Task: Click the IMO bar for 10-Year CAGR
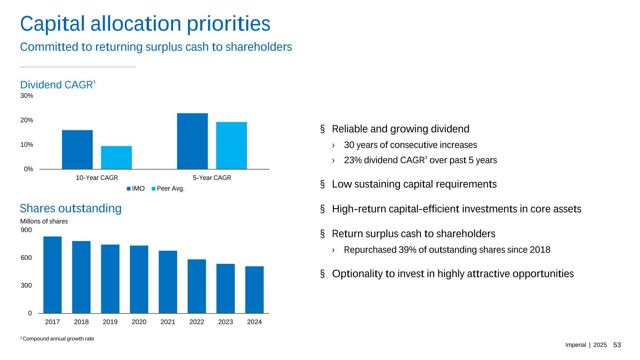[x=77, y=149]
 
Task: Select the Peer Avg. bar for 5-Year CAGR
[x=231, y=145]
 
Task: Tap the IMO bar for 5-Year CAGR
[x=192, y=141]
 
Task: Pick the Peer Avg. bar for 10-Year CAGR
[x=116, y=157]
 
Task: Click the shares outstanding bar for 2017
[x=53, y=275]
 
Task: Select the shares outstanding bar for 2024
[x=254, y=290]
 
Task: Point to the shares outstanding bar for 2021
[x=168, y=282]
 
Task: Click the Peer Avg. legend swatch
[x=153, y=189]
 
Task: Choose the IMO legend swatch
[x=128, y=189]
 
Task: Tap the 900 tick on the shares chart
[x=26, y=230]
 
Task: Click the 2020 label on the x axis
[x=139, y=322]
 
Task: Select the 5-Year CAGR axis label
[x=212, y=178]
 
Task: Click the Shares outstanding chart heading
[x=70, y=209]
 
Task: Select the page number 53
[x=617, y=345]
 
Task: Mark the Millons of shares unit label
[x=44, y=221]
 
